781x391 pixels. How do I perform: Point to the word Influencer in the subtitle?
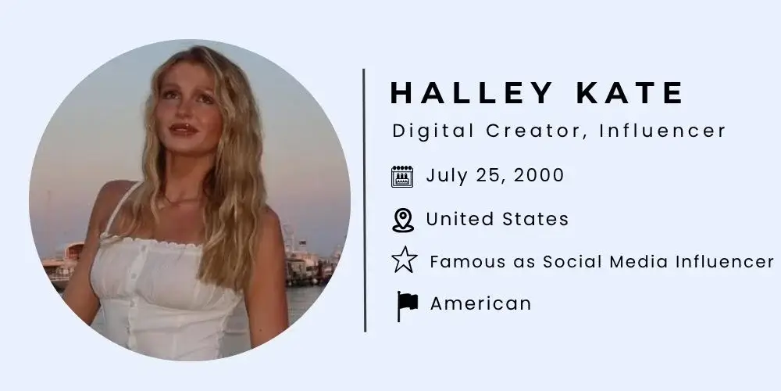pos(663,131)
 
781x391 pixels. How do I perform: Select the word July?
pos(444,175)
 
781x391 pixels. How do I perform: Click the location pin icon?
pos(402,220)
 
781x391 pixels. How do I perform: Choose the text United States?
pos(497,219)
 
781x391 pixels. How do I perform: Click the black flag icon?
pos(406,304)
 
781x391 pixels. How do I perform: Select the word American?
pos(480,303)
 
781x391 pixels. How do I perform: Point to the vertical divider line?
pos(365,199)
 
